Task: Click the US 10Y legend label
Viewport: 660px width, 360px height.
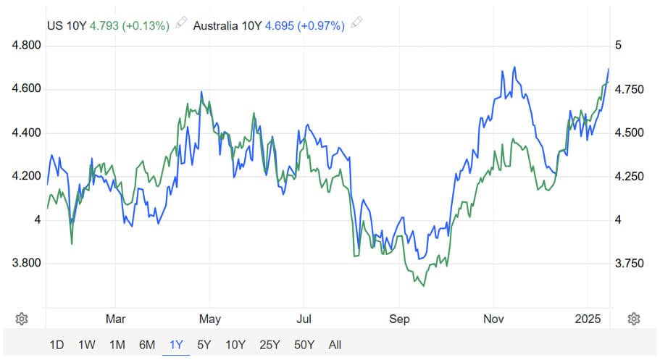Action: [67, 25]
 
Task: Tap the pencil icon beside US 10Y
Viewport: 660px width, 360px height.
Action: [181, 25]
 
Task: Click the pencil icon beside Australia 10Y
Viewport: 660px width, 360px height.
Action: [356, 25]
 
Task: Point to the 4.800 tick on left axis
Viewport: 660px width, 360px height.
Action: [27, 46]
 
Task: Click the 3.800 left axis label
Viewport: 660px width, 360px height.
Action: [27, 263]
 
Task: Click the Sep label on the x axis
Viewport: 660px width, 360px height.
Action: [399, 319]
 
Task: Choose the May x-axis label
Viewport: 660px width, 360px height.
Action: [210, 319]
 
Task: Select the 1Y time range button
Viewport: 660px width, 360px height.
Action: [176, 345]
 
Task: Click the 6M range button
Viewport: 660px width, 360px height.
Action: [147, 345]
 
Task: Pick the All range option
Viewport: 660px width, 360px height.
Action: [334, 345]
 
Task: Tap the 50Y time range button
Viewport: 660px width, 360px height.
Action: [304, 345]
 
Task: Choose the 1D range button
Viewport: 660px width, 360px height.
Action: [57, 345]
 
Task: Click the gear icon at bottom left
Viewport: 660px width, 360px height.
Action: [22, 319]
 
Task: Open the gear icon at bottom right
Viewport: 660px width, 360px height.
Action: [634, 319]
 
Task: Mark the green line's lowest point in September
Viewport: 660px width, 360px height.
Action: [423, 286]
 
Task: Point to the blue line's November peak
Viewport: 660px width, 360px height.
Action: [514, 67]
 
